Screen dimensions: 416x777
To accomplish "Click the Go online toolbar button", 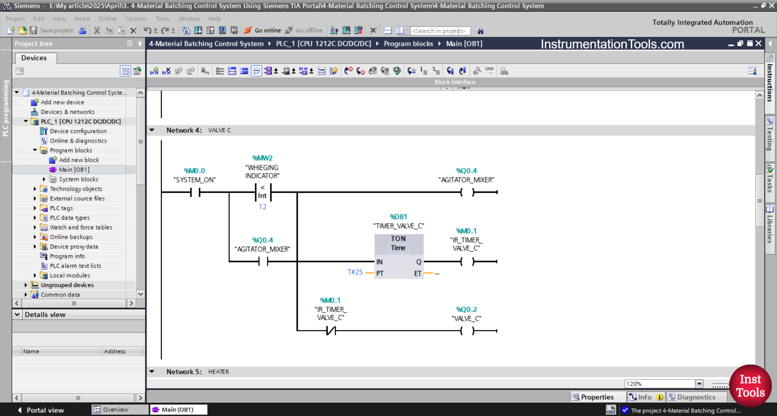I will (x=263, y=30).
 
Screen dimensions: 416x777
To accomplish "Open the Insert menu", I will (x=82, y=19).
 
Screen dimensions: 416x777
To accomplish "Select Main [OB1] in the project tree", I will (x=74, y=170).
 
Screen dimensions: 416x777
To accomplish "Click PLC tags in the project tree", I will (x=61, y=208).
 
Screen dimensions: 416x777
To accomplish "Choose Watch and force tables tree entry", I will (x=81, y=227).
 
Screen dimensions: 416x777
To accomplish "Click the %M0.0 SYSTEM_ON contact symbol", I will (x=195, y=192).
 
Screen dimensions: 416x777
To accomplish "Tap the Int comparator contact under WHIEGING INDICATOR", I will (x=263, y=192).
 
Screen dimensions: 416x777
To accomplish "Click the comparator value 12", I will (x=263, y=207).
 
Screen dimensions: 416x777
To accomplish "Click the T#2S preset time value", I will (x=355, y=272).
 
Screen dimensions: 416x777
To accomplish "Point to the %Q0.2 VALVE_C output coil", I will (x=467, y=331).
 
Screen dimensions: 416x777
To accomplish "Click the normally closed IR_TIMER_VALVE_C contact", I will (x=331, y=331).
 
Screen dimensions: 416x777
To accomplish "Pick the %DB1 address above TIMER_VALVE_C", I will (x=398, y=217).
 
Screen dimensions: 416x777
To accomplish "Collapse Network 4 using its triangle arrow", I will (x=152, y=130).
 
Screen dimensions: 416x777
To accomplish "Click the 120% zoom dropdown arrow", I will (x=699, y=384).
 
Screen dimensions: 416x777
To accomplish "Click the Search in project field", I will (x=439, y=31).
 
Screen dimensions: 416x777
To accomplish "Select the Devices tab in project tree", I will (x=34, y=58).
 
